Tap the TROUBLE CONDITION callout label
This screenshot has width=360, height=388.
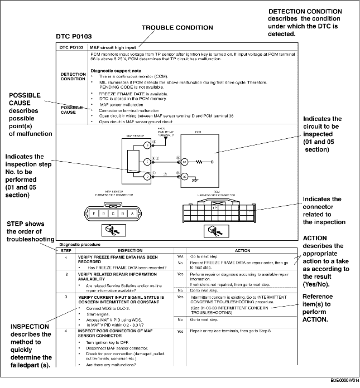pos(175,27)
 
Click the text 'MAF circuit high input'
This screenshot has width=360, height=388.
pos(113,47)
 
